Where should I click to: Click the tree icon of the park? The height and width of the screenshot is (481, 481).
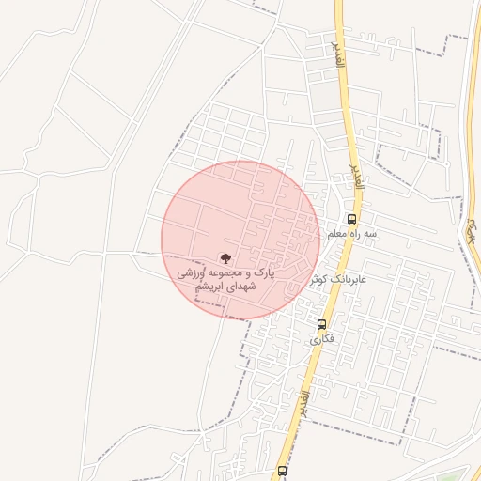click(225, 256)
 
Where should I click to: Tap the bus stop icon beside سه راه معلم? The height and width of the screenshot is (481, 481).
click(351, 219)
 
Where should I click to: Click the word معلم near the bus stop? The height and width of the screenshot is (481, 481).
click(338, 233)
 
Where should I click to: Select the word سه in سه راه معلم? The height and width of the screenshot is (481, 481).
click(371, 233)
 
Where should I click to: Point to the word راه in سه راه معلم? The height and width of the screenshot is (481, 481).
click(357, 233)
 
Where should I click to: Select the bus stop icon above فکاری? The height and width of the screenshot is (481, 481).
click(321, 324)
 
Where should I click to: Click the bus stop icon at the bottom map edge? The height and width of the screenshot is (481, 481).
click(282, 470)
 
